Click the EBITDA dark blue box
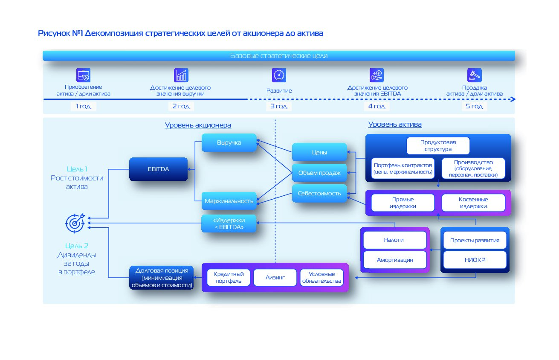tap(158, 169)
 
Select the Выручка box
tap(229, 142)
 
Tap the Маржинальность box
tap(229, 200)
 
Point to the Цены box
tap(319, 152)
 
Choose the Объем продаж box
tap(319, 173)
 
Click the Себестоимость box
tap(319, 193)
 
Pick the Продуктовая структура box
tap(438, 145)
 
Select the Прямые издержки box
tap(403, 203)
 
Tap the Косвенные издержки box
tap(473, 203)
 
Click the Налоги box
tap(394, 240)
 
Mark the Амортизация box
tap(394, 259)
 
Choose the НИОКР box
tap(475, 259)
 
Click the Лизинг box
tap(275, 277)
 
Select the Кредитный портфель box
tap(228, 277)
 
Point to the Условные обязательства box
tap(321, 277)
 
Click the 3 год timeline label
tap(279, 106)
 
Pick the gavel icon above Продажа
tap(474, 75)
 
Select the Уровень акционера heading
tap(198, 125)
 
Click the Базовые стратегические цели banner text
tap(279, 56)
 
